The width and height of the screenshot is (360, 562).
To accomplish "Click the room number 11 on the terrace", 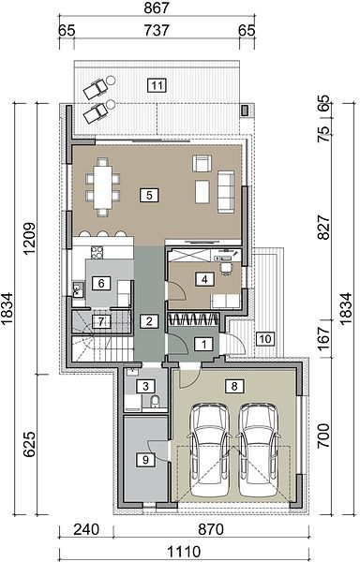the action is click(x=157, y=85).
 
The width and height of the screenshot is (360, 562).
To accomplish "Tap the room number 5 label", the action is click(x=149, y=196).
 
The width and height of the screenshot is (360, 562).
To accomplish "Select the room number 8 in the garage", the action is click(x=234, y=386).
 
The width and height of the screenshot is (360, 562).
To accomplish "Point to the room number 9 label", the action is click(x=145, y=460).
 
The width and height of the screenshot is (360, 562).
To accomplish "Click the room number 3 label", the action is click(x=145, y=386).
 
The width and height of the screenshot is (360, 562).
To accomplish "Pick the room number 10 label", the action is click(x=265, y=338).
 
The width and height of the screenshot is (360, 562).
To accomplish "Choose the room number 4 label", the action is click(x=204, y=279).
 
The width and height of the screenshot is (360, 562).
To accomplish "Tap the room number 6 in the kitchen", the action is click(x=101, y=284).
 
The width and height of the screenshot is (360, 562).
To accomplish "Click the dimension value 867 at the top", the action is click(x=157, y=7).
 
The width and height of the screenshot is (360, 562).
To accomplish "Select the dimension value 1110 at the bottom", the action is click(x=184, y=552).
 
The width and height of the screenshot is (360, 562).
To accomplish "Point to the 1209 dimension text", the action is click(x=29, y=238).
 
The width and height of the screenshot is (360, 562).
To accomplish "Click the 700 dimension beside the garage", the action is click(x=323, y=436).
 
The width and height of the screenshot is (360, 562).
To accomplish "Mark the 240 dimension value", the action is click(x=86, y=529).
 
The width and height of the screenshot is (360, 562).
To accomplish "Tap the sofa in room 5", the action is click(x=226, y=192).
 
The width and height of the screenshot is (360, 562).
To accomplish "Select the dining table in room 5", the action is click(x=103, y=187).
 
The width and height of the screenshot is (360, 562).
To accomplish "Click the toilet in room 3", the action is click(x=155, y=402).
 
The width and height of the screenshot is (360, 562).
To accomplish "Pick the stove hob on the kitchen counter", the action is click(x=97, y=252).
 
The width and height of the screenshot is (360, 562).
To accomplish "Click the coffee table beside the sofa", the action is click(x=202, y=192).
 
